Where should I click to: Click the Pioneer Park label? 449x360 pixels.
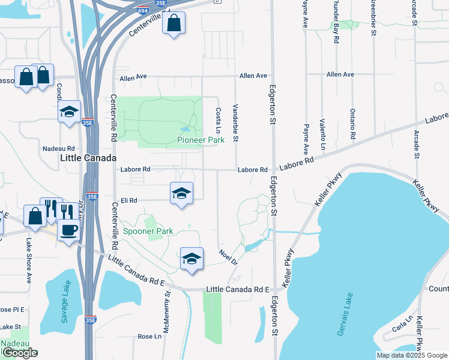click(x=200, y=140)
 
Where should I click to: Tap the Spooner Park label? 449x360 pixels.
click(x=148, y=231)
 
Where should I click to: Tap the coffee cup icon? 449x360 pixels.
click(x=70, y=230)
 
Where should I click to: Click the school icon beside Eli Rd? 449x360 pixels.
click(x=181, y=194)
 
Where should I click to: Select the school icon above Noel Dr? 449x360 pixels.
click(x=191, y=259)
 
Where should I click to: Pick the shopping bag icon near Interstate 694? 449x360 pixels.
click(x=173, y=24)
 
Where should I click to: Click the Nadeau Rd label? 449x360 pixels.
click(x=58, y=148)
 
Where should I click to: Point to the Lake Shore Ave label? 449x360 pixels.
click(x=28, y=260)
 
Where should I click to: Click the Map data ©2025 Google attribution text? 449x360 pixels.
click(x=412, y=355)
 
